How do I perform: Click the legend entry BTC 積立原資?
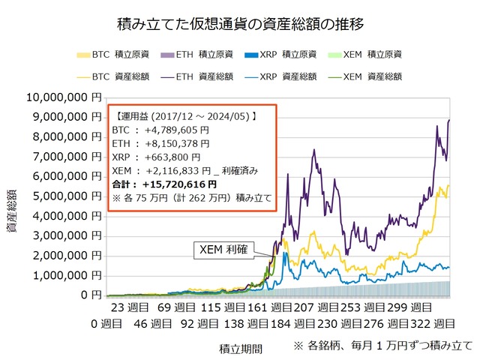[x=112, y=54]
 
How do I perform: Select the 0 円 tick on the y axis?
[x=88, y=295]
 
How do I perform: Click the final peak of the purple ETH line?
[x=449, y=120]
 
